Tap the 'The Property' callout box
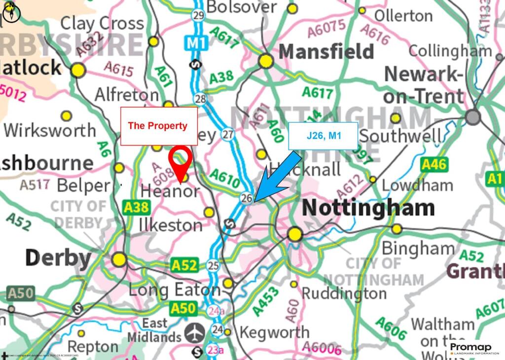point(159,126)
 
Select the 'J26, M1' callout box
point(324,135)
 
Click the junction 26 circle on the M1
point(247,198)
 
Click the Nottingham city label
point(368,208)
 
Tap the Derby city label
point(58,257)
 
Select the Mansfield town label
point(326,51)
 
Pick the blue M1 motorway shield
point(196,43)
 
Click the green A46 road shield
point(434,165)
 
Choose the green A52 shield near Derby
point(184,266)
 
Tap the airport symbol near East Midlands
point(196,333)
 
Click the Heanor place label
point(170,191)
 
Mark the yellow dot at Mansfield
point(266,61)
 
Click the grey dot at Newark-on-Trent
point(473,117)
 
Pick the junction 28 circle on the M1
point(200,99)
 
